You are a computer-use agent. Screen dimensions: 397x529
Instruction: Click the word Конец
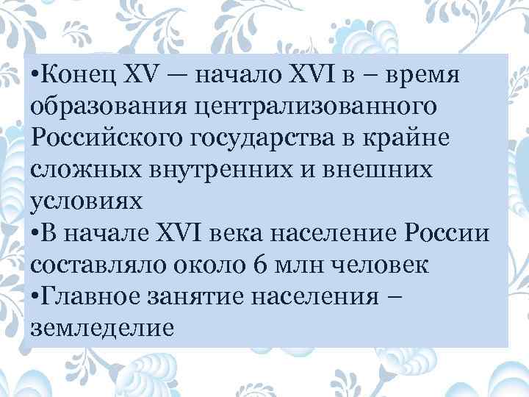[x=73, y=75]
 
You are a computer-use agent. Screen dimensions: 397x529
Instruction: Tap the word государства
[x=260, y=138]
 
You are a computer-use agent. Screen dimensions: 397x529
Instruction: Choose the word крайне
[x=404, y=138]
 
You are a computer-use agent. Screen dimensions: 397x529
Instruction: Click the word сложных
[x=80, y=169]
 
